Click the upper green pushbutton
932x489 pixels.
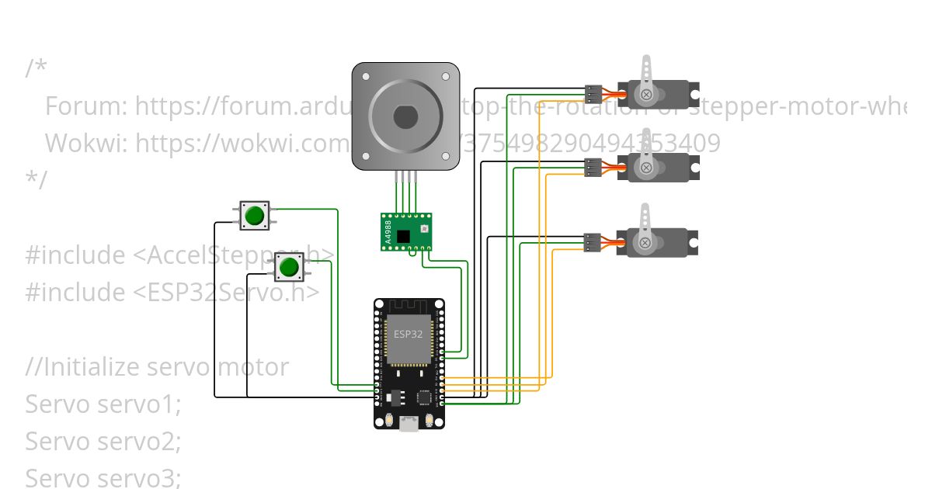pyautogui.click(x=254, y=215)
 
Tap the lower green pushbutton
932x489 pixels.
pyautogui.click(x=289, y=267)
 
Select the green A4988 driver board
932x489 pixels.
pyautogui.click(x=406, y=231)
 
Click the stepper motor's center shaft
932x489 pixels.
pyautogui.click(x=405, y=117)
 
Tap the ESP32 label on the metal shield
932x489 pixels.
pyautogui.click(x=408, y=335)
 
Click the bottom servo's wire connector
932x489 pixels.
pyautogui.click(x=593, y=243)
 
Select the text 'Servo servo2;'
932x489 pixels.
pyautogui.click(x=103, y=442)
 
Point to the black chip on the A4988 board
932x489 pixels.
pyautogui.click(x=402, y=236)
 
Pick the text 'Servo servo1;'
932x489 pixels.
pyautogui.click(x=103, y=404)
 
